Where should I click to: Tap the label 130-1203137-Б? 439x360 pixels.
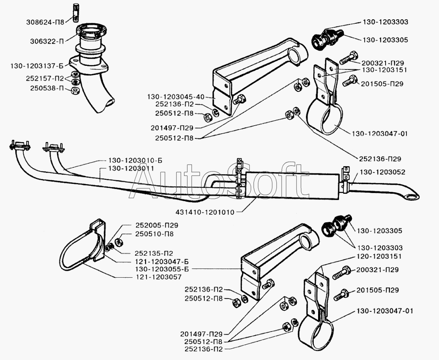[x=35, y=64]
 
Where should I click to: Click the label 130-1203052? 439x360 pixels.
[x=382, y=172]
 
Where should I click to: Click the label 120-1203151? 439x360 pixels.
[x=379, y=256]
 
